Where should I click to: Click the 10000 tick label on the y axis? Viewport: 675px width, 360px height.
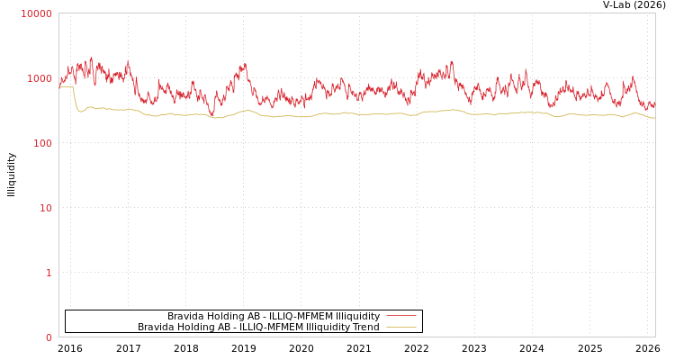pos(37,13)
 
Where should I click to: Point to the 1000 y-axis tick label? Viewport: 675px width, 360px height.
pos(40,78)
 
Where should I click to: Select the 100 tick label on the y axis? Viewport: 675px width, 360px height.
pos(42,143)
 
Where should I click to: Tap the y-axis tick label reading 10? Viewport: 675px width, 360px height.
pos(45,208)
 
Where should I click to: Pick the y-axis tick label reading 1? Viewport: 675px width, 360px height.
pos(49,273)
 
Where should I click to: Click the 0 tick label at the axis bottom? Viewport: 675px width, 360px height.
pos(49,337)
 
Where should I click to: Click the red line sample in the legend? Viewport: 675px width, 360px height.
pos(401,316)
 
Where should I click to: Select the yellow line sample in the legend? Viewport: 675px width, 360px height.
pos(401,327)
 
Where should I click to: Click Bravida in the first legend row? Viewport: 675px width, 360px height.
pos(184,316)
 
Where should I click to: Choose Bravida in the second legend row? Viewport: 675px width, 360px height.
pos(155,327)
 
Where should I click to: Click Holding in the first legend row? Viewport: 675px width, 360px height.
pos(224,316)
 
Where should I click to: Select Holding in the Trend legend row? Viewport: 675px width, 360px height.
pos(194,327)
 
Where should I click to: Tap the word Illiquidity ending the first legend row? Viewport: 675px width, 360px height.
pos(357,316)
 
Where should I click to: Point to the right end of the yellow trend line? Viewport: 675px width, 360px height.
pos(654,118)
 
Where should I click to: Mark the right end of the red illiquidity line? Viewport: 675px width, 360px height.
pos(654,105)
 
